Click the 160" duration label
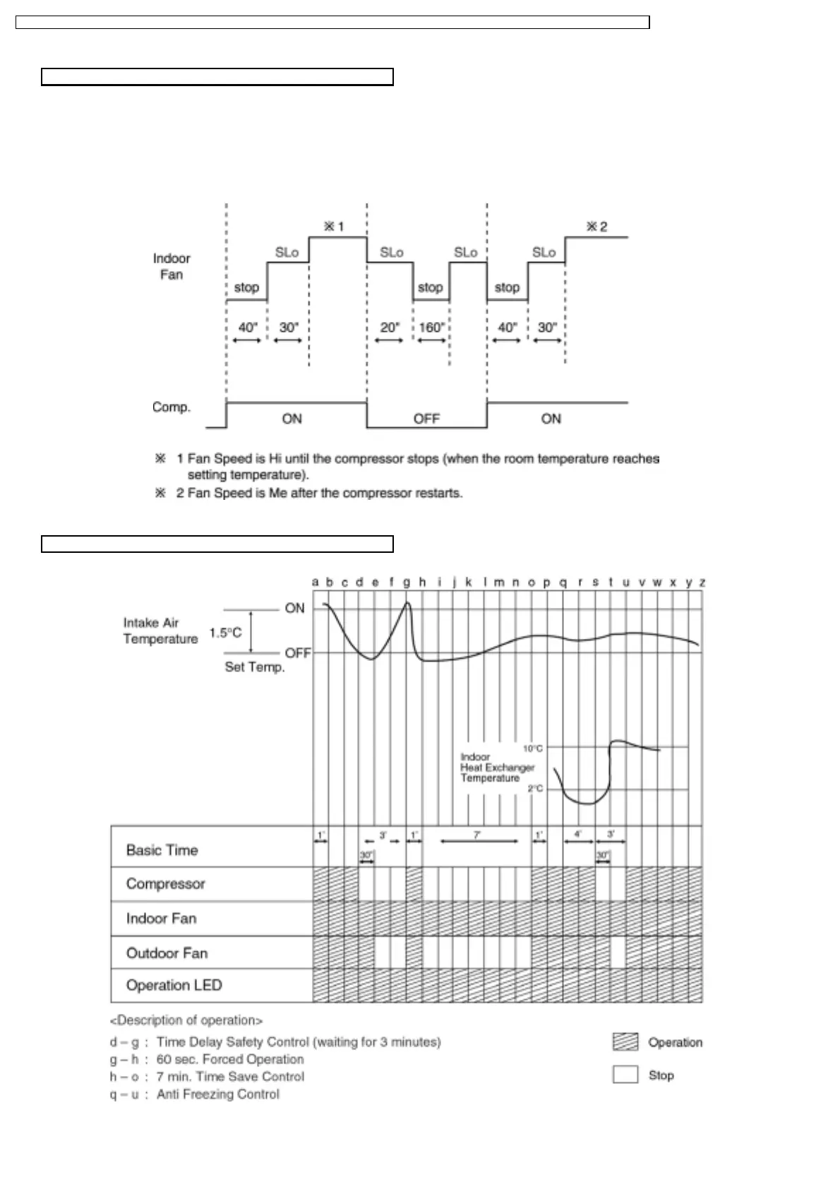(431, 328)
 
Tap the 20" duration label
(390, 328)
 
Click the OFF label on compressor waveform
(426, 419)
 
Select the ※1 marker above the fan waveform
(333, 227)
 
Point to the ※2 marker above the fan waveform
(596, 227)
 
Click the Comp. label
(172, 407)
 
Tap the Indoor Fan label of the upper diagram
(172, 266)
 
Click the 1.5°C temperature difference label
(225, 633)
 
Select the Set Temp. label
(255, 667)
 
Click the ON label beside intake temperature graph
(294, 608)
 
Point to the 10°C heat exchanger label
(533, 748)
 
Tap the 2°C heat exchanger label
(535, 789)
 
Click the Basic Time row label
(162, 850)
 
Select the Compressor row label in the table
(165, 884)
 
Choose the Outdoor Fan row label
(167, 953)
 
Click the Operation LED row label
(174, 985)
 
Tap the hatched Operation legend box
(625, 1042)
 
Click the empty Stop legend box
(625, 1075)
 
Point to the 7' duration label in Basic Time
(477, 835)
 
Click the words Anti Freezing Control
(217, 1094)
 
